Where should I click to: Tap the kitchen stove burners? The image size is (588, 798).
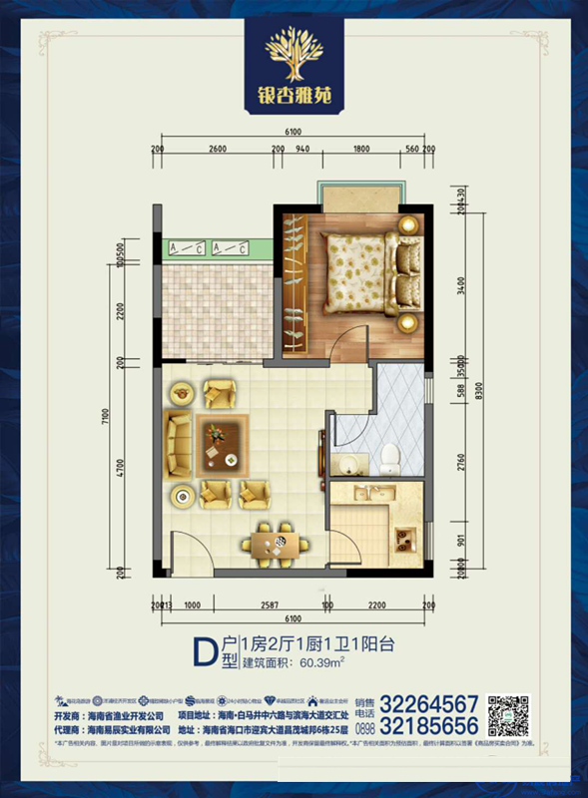point(406,542)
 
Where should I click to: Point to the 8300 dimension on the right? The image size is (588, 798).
point(478,389)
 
